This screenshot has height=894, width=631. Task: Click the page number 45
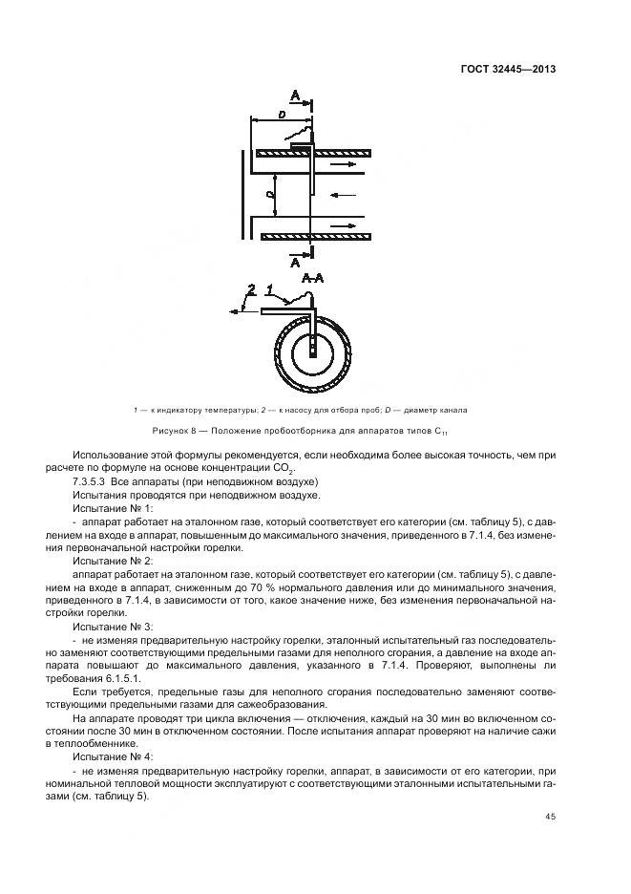pos(551,816)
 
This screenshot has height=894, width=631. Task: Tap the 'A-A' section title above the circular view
pos(312,280)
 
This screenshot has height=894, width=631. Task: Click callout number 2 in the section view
pos(252,288)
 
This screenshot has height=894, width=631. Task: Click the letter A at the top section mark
pos(295,95)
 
